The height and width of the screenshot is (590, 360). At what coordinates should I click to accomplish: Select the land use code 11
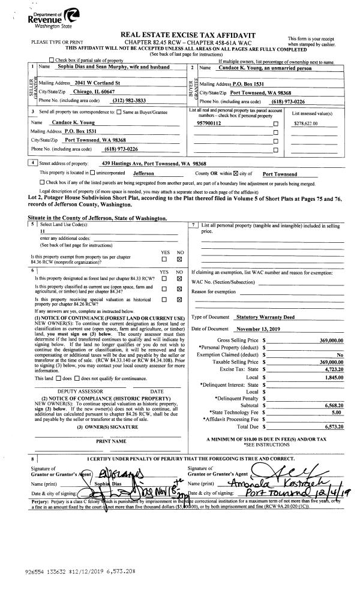tap(43, 231)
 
